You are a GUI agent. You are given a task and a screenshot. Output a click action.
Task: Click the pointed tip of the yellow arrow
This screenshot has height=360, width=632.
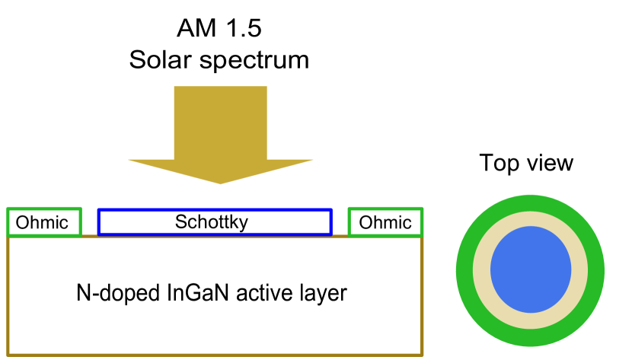221,183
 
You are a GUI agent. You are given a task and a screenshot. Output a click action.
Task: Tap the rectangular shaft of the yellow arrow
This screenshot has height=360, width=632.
220,122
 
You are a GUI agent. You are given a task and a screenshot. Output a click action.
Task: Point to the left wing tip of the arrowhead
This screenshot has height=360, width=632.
129,160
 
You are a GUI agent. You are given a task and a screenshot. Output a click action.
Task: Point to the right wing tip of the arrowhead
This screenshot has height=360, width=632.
312,160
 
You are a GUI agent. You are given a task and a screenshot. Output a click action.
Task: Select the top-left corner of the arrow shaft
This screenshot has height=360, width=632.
174,87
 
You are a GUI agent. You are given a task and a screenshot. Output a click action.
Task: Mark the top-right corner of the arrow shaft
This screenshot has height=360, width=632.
267,87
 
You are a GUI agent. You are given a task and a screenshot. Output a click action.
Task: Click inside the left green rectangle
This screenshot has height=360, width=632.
44,222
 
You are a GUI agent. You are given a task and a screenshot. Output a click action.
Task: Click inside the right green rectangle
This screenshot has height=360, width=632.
385,222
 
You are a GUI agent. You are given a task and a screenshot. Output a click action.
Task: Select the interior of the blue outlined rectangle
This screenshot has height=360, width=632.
215,222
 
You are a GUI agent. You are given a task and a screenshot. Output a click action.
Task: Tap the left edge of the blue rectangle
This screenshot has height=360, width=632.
99,222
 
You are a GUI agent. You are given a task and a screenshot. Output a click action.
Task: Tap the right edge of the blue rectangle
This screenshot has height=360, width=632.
330,222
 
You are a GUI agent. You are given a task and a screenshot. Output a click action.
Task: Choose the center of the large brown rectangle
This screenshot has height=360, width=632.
215,295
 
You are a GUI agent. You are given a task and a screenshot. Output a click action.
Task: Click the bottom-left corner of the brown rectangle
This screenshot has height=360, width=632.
8,354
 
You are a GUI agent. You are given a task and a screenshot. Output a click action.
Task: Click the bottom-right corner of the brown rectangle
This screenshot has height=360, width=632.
422,354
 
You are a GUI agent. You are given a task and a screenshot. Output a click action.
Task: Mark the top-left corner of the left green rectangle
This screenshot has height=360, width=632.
8,209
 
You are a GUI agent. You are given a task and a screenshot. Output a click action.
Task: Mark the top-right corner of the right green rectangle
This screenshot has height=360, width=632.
422,209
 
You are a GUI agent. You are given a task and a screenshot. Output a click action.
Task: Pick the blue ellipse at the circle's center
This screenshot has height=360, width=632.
531,269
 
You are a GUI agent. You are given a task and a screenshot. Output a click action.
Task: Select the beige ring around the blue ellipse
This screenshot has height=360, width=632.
531,219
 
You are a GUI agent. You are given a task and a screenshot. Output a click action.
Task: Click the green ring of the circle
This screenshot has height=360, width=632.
531,203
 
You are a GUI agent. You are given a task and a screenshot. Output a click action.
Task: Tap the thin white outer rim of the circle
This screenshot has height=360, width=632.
531,192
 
